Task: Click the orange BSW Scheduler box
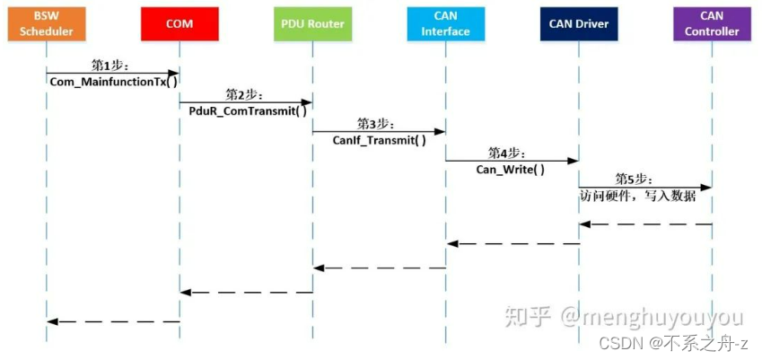click(x=46, y=23)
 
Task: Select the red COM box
click(x=180, y=23)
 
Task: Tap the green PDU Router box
click(x=312, y=23)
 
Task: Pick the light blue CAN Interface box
click(x=445, y=23)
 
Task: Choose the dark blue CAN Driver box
click(x=579, y=23)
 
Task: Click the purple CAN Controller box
click(x=712, y=23)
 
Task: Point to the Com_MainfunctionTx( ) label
click(x=113, y=82)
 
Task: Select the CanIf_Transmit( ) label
click(x=379, y=140)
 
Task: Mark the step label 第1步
click(x=111, y=66)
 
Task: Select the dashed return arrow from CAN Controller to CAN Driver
click(x=645, y=224)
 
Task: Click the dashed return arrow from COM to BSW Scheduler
click(x=113, y=320)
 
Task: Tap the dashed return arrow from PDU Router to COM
click(x=246, y=292)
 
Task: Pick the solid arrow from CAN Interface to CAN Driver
click(x=512, y=161)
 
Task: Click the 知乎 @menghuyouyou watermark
click(x=623, y=317)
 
